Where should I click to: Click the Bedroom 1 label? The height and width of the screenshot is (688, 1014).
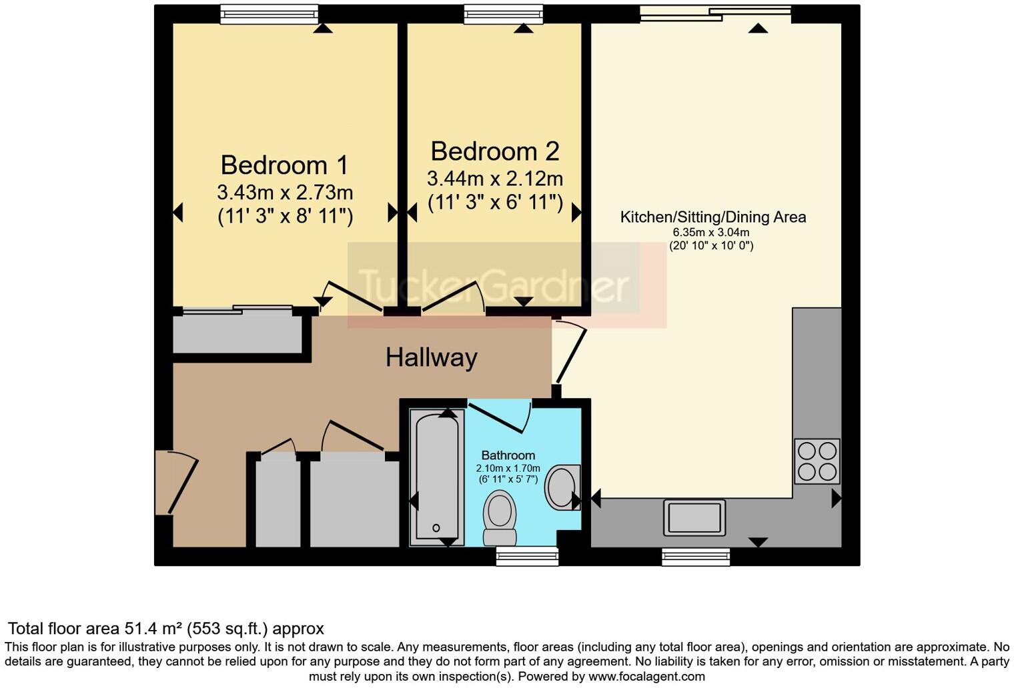coord(285,165)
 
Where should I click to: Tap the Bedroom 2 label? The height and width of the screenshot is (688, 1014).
coord(494,151)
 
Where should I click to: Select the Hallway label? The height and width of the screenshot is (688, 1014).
coord(431,358)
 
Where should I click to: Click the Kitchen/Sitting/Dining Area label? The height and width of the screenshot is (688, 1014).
coord(712,217)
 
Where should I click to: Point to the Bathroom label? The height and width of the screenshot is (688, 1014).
coord(508,455)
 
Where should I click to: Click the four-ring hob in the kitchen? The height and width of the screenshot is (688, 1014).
coord(817,461)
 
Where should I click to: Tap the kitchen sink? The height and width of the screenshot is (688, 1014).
coord(694,517)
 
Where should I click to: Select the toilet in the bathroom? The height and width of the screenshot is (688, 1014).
coord(500,519)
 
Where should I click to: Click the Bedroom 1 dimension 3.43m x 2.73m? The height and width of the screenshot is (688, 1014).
coord(285,193)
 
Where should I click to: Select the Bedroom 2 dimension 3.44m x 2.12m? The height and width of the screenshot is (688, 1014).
coord(494,179)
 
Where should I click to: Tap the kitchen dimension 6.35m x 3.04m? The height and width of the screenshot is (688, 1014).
coord(710,233)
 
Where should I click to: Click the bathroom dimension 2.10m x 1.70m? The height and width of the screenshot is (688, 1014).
coord(508,468)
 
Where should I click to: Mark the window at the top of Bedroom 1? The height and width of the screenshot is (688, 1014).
coord(270,14)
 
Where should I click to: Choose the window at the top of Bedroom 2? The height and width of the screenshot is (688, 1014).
coord(504,14)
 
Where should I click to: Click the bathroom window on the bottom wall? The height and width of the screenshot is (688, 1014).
coord(527,556)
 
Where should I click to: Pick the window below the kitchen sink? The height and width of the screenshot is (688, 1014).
coord(696,557)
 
